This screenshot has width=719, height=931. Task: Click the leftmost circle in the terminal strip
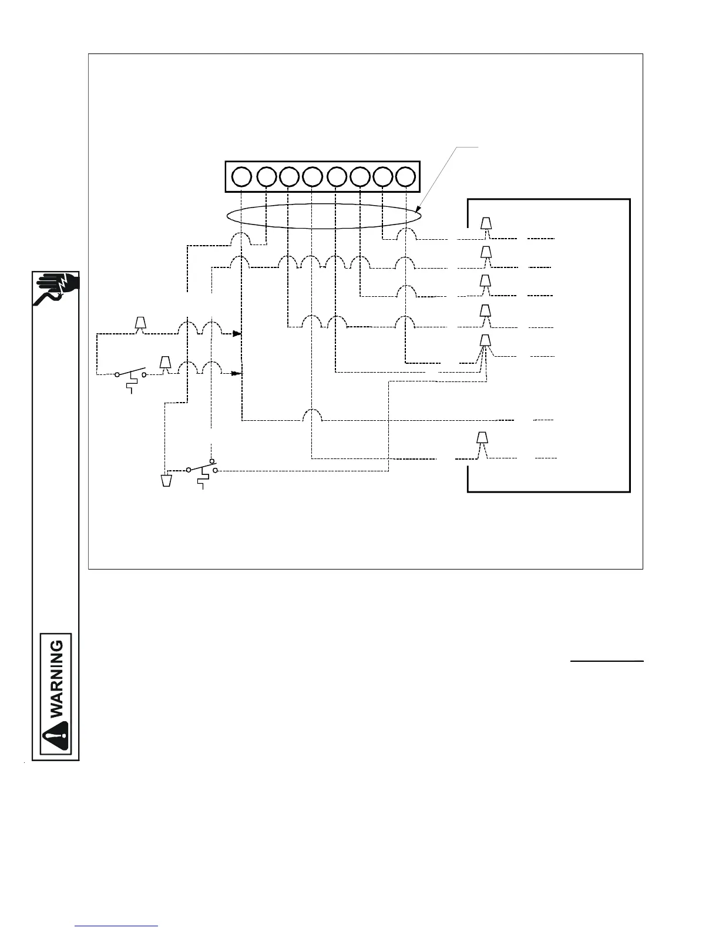point(241,176)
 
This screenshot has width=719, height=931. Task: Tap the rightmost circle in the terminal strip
point(406,176)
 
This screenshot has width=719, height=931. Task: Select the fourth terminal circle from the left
point(313,176)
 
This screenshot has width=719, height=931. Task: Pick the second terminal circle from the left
point(267,176)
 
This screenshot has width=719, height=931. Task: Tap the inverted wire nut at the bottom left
point(167,480)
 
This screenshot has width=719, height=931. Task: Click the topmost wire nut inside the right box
point(486,224)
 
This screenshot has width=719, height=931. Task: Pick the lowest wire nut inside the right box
point(482,438)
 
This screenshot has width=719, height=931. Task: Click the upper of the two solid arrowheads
point(237,334)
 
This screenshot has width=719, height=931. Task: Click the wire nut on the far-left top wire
point(140,324)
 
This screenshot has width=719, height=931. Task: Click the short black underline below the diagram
point(607,662)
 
